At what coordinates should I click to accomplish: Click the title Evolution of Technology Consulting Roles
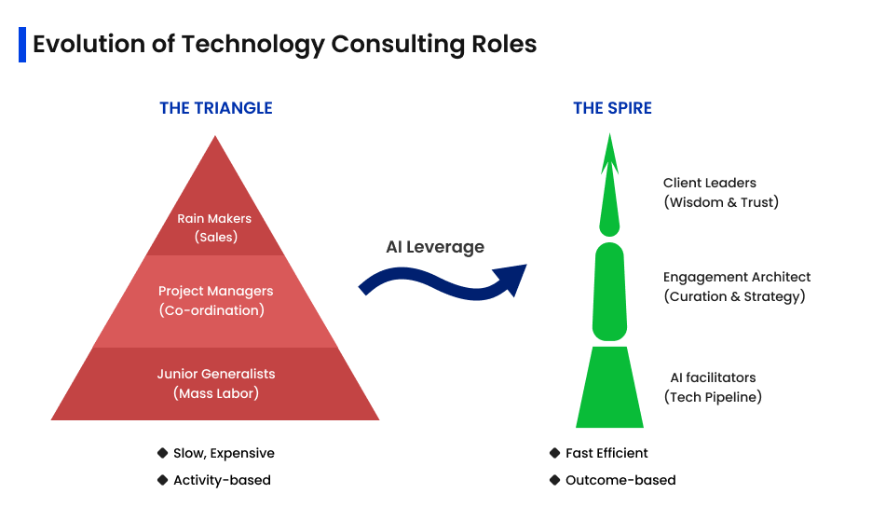coord(284,44)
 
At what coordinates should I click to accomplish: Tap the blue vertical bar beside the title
coord(21,44)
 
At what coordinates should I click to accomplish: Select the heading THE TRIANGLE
coord(215,108)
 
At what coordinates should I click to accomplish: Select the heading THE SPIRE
coord(612,108)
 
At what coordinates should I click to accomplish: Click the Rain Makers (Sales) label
coord(215,227)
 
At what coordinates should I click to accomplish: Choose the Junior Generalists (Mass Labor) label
coord(215,383)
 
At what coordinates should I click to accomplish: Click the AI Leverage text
coord(435,247)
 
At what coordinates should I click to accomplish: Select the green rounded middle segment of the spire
coord(609,291)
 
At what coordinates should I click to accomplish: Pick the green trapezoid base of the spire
coord(609,388)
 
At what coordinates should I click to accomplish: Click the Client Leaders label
coord(709,184)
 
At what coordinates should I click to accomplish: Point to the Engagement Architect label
coord(736,277)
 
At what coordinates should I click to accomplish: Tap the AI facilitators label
coord(713,377)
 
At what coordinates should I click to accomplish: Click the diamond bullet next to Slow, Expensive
coord(162,453)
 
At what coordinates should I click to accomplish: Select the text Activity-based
coord(222,480)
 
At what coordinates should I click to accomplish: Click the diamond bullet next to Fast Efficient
coord(555,453)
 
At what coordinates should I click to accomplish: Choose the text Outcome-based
coord(620,480)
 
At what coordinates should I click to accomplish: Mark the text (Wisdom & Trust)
coord(720,202)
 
